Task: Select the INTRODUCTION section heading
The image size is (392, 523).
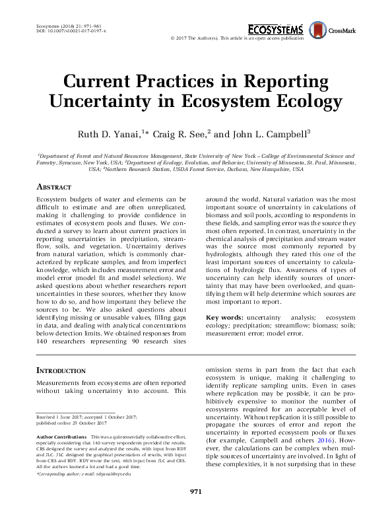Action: [61, 370]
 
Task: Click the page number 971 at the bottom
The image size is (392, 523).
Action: [195, 510]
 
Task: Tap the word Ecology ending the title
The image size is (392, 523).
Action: [308, 102]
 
